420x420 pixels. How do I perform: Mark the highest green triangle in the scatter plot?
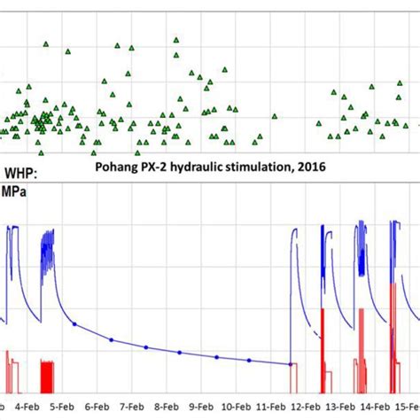pos(175,40)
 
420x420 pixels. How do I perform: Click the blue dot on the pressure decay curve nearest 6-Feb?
pos(75,324)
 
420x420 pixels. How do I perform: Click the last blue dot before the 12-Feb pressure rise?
pos(291,364)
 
